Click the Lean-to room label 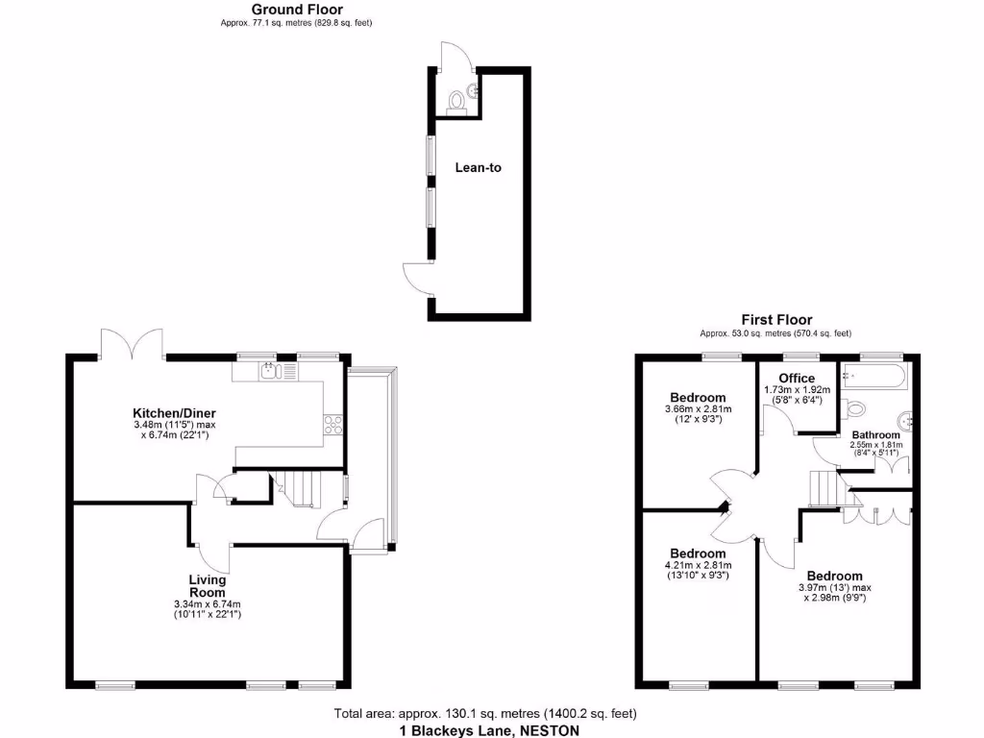click(x=478, y=167)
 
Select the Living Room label click(x=207, y=586)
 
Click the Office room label click(x=797, y=378)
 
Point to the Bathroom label click(x=874, y=435)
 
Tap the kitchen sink click(x=268, y=370)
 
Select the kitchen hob click(x=334, y=424)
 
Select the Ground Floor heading click(x=297, y=10)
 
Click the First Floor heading click(x=775, y=320)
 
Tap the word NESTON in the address click(x=550, y=730)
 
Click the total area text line click(x=485, y=714)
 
